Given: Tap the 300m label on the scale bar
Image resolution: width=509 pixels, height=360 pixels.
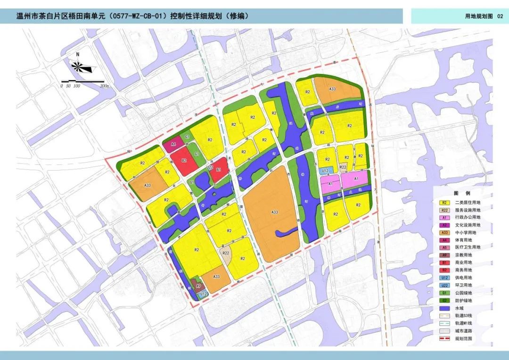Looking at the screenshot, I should click(104, 86).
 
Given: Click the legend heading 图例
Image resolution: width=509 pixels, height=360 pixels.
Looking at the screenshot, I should click(459, 193).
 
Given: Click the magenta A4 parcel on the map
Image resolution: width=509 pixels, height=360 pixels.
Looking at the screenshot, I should click(173, 145).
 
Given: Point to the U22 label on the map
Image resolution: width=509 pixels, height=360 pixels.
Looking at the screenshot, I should click(210, 167).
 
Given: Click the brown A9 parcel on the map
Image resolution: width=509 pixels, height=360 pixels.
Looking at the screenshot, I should click(198, 285).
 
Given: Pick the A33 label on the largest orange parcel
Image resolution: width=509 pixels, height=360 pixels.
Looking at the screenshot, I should click(275, 213).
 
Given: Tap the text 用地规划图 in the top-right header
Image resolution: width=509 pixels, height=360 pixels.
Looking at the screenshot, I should click(479, 16).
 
